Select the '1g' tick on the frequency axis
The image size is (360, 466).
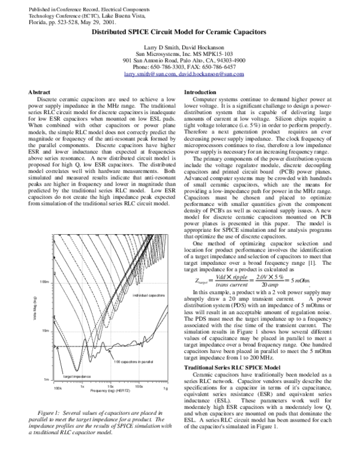[166, 389]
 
